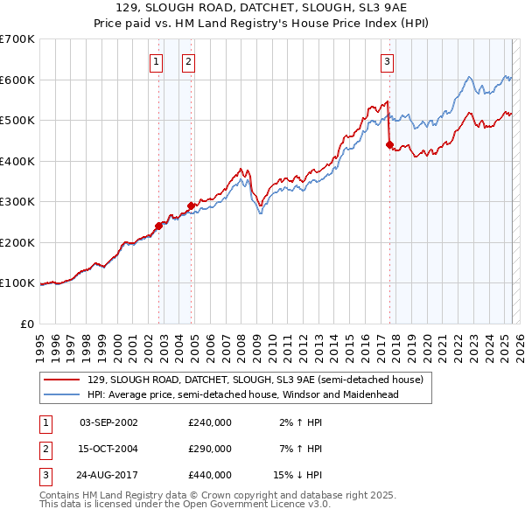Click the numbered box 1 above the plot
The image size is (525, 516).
(x=156, y=61)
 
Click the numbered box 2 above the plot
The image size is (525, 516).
(x=188, y=61)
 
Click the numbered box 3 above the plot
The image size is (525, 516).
(x=387, y=61)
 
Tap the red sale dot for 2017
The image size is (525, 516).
(x=390, y=145)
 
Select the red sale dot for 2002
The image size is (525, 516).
(x=159, y=226)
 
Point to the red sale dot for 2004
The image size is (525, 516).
(x=192, y=206)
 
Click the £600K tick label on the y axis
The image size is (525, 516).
(x=17, y=80)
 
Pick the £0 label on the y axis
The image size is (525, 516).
(x=28, y=324)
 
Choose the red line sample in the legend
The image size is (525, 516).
(x=62, y=380)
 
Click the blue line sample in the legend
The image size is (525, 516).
(x=62, y=394)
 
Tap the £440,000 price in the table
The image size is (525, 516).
(x=209, y=475)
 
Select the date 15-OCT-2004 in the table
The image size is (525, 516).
(x=108, y=449)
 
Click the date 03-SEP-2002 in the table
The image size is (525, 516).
(x=108, y=422)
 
